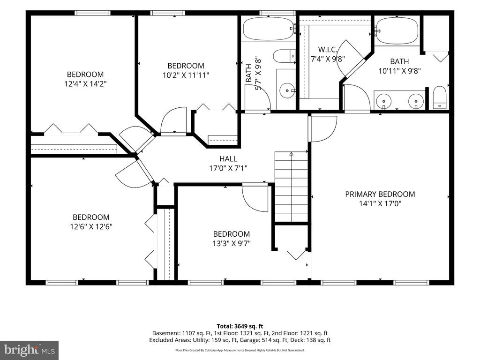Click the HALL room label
pos(228,158)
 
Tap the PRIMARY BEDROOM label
pos(380,194)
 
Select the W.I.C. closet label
pos(328,49)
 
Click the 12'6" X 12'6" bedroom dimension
pos(91,227)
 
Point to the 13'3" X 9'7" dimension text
pos(232,244)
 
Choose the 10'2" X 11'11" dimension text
pos(186,75)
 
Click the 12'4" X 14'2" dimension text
pos(85,83)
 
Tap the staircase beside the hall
pos(291,186)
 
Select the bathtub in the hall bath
pos(268,29)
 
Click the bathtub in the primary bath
pos(397,31)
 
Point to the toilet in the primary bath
pos(440,97)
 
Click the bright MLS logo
pos(30,350)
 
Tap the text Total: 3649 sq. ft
pos(240,326)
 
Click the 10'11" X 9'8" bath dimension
pos(399,71)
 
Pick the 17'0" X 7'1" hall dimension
pos(228,168)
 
